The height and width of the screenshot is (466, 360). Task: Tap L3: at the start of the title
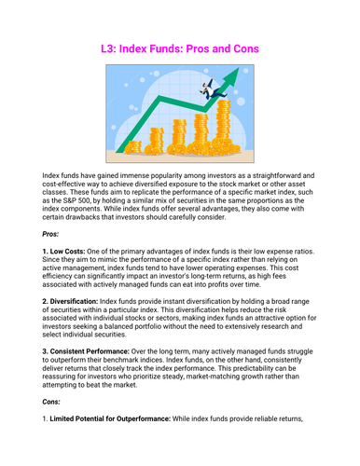[x=110, y=46]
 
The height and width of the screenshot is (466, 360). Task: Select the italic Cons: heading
[x=55, y=432]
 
